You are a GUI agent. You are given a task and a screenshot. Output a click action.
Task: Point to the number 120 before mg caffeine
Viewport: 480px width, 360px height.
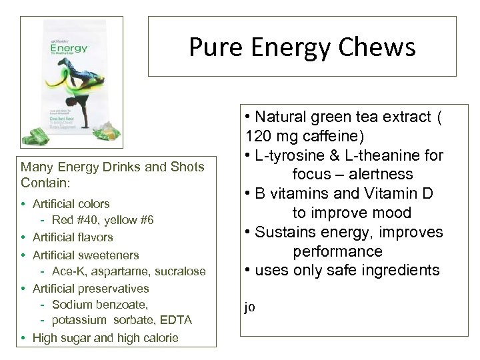pyautogui.click(x=257, y=136)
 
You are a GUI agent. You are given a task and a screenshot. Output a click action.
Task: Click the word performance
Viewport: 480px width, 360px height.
pyautogui.click(x=337, y=251)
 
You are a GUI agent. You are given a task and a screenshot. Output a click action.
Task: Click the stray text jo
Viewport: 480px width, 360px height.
pyautogui.click(x=250, y=307)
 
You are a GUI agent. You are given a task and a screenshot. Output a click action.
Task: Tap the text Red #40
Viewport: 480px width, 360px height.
pyautogui.click(x=70, y=220)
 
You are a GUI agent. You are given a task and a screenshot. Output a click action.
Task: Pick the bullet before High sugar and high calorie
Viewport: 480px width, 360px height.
pyautogui.click(x=25, y=338)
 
